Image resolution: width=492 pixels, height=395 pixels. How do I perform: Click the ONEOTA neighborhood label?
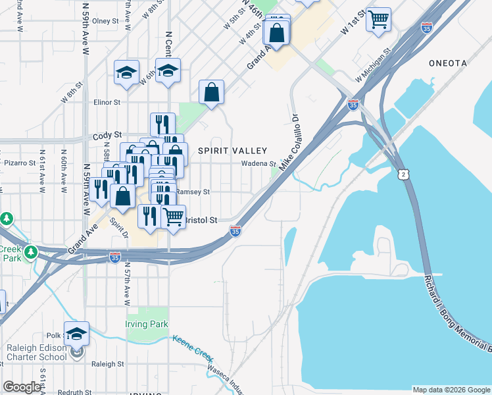pos(447,63)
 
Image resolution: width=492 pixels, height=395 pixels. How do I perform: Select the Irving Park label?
pos(147,324)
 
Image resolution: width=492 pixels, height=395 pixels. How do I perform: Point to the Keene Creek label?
pos(192,346)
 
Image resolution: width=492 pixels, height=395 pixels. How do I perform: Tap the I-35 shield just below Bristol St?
pos(235,231)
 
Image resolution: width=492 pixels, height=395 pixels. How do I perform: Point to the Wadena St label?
pos(258,163)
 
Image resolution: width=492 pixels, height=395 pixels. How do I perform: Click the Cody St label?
pos(107,135)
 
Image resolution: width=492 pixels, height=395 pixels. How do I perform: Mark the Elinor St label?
pos(107,103)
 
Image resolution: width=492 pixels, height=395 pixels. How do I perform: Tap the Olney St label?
pos(105,21)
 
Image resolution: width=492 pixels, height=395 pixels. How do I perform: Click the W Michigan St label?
pos(373,64)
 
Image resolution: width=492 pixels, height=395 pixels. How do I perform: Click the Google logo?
pos(22,387)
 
